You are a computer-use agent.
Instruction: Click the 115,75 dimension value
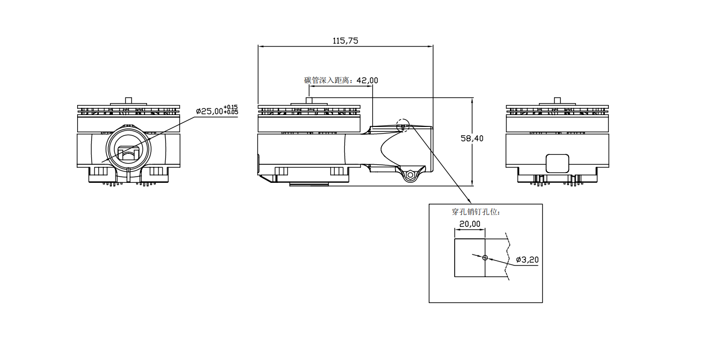tap(345, 41)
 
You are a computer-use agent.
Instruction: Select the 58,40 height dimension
tap(472, 138)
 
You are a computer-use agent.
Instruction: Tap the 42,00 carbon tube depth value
tap(367, 80)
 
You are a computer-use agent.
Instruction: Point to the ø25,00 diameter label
tap(209, 111)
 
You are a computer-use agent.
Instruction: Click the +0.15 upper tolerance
tap(231, 107)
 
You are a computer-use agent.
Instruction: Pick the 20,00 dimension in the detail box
tap(470, 224)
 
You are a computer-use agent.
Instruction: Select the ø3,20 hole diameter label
tap(527, 260)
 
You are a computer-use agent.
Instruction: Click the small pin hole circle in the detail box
tap(485, 257)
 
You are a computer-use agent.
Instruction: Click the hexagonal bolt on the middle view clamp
tap(410, 175)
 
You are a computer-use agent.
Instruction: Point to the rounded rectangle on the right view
tap(558, 164)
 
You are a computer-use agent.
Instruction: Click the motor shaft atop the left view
tap(128, 100)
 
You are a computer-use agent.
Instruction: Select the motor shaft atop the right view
tap(558, 100)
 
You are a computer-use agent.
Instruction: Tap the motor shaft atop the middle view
tap(309, 100)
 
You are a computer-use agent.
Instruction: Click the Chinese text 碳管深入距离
tap(327, 80)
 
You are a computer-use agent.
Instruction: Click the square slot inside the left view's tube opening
tap(128, 153)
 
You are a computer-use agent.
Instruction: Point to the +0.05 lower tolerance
tap(231, 112)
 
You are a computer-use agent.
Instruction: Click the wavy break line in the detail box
tap(507, 257)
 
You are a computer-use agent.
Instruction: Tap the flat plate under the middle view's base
tap(309, 184)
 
